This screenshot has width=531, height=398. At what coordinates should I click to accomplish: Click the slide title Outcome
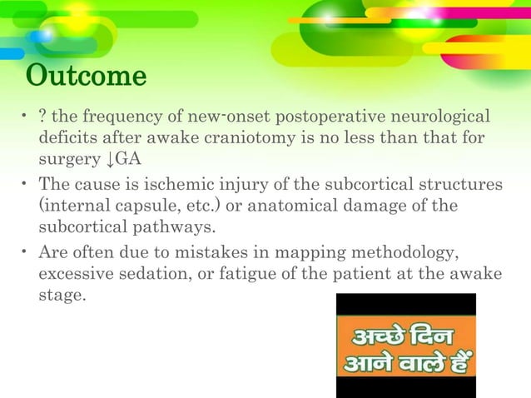tap(87, 77)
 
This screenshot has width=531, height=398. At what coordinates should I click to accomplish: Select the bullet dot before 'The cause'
tap(26, 184)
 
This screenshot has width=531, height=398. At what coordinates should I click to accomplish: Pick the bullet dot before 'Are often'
tap(26, 252)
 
